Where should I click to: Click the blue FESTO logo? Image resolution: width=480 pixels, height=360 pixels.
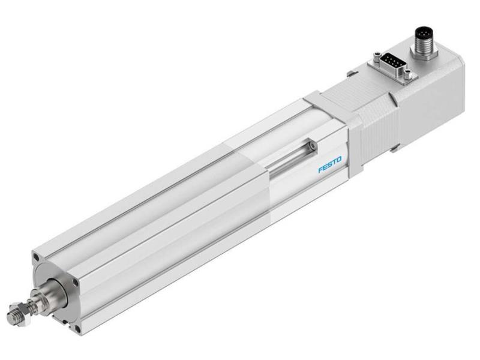(x=329, y=164)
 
